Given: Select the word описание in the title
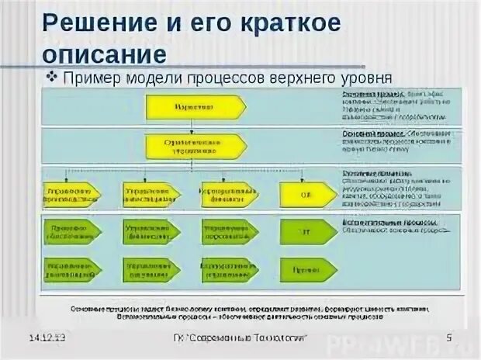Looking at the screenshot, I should [102, 54].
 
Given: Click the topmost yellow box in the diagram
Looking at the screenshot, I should [196, 106].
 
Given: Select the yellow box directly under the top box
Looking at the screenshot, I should [196, 146].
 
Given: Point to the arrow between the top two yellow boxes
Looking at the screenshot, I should [196, 126].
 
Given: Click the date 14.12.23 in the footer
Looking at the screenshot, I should [47, 337].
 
